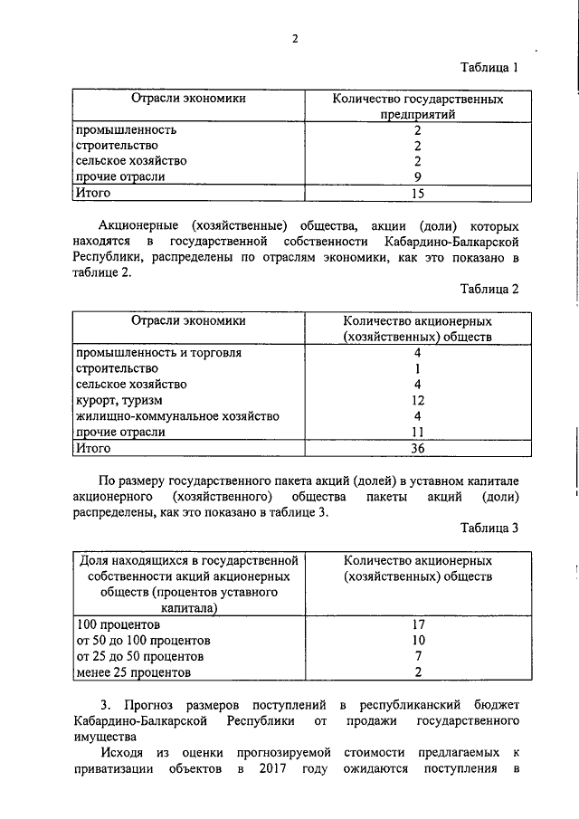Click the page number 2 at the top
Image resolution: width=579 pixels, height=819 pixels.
[294, 38]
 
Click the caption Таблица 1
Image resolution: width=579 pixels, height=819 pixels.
[489, 68]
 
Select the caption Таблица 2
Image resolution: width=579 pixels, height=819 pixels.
[489, 290]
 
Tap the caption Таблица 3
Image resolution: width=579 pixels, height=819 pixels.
[489, 529]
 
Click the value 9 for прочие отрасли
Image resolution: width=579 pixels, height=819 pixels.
[417, 176]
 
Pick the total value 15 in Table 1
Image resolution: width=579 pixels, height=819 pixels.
[417, 193]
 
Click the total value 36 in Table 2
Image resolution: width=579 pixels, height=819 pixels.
[417, 448]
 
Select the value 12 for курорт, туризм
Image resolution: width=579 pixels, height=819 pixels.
[417, 400]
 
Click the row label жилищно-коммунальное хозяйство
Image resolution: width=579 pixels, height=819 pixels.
[177, 416]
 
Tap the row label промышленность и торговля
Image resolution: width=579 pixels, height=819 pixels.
[158, 352]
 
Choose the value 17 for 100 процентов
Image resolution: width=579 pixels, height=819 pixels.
[417, 624]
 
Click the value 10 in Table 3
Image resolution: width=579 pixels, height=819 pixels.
[417, 640]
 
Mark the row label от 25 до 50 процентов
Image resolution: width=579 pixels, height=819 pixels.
[140, 656]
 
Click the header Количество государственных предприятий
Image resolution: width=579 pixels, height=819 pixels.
[417, 105]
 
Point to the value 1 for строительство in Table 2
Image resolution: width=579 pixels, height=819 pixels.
[417, 368]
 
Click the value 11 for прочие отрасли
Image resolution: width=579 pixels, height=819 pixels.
[417, 433]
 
